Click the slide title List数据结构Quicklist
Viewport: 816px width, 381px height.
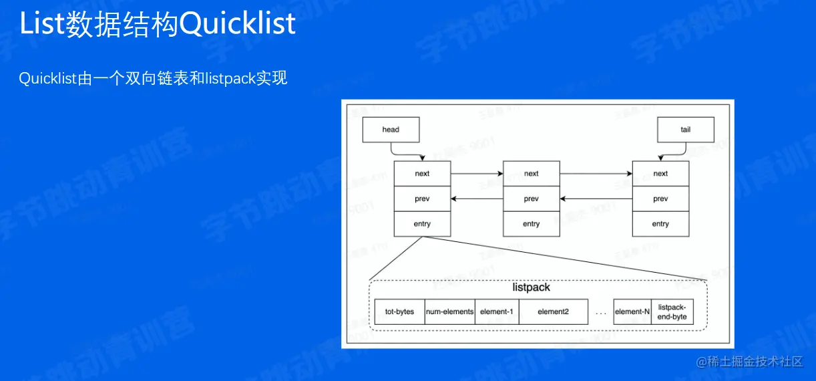158,24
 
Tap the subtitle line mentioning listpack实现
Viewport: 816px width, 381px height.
153,78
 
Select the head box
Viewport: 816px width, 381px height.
391,130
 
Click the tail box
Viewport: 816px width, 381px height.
685,130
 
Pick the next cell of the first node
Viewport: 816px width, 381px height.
422,174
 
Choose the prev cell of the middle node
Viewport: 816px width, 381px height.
531,199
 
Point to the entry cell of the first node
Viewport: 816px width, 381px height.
422,224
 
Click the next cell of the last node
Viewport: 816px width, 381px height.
660,174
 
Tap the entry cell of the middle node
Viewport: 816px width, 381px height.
531,224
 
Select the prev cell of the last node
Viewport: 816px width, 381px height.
660,199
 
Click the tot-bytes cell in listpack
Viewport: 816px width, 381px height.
399,311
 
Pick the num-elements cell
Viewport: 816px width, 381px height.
449,311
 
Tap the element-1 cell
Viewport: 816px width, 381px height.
497,311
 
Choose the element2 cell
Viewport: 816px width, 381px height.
553,311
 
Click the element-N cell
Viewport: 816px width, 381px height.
632,311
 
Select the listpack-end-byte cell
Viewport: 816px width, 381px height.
672,311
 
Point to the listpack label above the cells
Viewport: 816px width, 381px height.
531,287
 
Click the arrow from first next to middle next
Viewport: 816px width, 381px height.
477,174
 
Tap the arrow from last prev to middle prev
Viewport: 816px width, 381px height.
596,199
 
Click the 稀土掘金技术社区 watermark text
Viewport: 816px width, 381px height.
749,362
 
